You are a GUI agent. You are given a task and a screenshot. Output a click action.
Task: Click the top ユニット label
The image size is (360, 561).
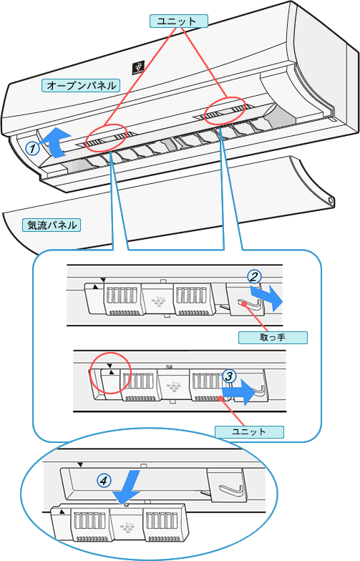[x=178, y=21]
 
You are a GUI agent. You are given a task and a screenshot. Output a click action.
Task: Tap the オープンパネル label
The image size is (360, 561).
[x=81, y=86]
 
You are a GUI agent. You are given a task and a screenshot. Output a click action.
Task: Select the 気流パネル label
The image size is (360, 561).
[x=52, y=225]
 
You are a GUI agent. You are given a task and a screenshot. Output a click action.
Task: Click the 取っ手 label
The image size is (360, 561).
[x=273, y=338]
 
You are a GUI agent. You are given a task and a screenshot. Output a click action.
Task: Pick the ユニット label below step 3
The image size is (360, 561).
[x=249, y=431]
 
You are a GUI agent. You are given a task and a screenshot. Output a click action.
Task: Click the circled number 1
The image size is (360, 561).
[x=33, y=147]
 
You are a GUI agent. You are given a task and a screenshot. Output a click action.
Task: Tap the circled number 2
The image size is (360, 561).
[x=254, y=276]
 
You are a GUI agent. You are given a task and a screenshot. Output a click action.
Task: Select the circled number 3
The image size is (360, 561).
[x=229, y=376]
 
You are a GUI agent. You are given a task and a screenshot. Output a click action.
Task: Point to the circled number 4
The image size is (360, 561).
[x=104, y=480]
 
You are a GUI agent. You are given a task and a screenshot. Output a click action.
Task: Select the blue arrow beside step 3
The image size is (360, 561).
[x=239, y=392]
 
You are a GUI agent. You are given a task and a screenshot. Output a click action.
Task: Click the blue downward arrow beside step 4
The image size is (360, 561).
[x=127, y=487]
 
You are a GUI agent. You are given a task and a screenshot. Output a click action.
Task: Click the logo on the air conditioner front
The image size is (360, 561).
[x=138, y=67]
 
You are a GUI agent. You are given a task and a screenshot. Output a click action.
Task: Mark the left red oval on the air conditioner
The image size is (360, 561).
[x=106, y=137]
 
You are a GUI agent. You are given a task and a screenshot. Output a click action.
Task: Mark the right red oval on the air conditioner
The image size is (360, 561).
[x=225, y=110]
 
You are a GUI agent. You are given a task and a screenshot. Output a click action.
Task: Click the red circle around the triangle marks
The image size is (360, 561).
[x=110, y=374]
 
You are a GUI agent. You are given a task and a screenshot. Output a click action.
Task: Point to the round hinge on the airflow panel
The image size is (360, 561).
[x=331, y=201]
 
